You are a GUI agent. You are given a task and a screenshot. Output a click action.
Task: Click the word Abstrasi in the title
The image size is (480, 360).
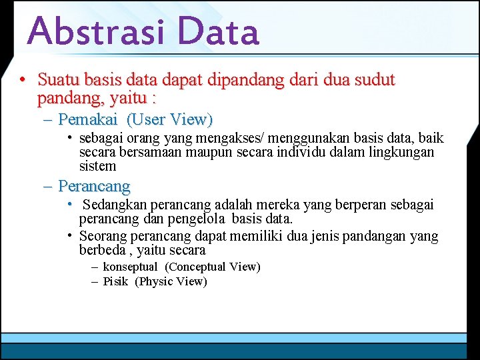99,31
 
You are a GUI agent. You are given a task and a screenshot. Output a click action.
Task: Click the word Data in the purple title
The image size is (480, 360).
218,31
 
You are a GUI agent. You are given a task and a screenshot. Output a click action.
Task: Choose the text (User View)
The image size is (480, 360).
169,120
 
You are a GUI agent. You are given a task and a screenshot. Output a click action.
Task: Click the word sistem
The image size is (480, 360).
97,166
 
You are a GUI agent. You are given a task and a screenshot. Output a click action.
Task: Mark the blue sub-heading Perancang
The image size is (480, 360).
94,186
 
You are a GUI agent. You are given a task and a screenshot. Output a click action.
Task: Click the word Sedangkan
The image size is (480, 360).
115,205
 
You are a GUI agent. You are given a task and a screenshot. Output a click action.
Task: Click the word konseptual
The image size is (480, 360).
130,267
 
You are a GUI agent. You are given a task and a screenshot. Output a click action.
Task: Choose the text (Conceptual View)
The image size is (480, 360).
212,267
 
